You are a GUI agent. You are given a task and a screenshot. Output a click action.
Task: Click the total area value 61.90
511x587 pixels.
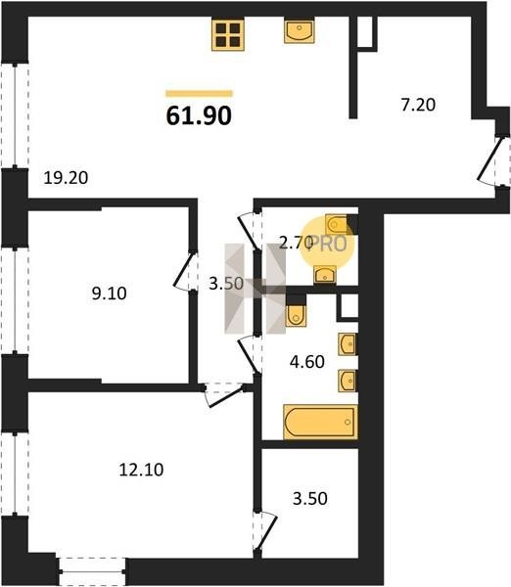click(199, 115)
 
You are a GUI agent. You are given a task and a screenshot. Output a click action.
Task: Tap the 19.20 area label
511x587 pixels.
click(66, 177)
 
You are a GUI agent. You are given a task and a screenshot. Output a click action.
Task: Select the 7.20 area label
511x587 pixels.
click(418, 105)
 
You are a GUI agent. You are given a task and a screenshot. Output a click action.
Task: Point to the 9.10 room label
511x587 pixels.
click(109, 293)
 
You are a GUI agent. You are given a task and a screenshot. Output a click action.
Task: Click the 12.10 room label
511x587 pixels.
click(141, 470)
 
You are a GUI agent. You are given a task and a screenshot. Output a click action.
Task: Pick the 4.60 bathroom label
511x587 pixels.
click(307, 362)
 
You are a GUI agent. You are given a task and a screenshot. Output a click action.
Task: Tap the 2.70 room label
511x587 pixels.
click(296, 244)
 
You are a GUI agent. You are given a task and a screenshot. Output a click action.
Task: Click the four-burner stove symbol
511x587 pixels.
click(228, 34)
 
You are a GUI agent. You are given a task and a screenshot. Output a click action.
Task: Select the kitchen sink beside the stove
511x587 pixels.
click(299, 31)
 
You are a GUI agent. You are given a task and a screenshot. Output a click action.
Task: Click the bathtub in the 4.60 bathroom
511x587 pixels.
click(321, 422)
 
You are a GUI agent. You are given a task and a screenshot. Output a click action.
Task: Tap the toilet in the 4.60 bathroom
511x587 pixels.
click(296, 315)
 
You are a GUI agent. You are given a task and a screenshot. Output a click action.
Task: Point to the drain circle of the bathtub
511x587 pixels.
click(348, 422)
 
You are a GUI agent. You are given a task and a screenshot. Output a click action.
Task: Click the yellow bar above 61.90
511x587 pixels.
click(200, 94)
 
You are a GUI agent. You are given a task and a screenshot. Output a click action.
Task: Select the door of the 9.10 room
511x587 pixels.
click(184, 272)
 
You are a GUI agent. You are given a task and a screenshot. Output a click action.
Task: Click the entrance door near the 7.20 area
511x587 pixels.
click(490, 160)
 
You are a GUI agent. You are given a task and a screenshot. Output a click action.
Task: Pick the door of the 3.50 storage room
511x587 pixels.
click(266, 532)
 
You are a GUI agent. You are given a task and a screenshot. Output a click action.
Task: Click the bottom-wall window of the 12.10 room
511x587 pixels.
click(92, 571)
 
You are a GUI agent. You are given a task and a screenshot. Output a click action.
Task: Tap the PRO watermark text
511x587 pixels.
click(329, 244)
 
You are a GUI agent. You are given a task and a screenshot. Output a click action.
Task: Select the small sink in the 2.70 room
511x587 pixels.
click(325, 275)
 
